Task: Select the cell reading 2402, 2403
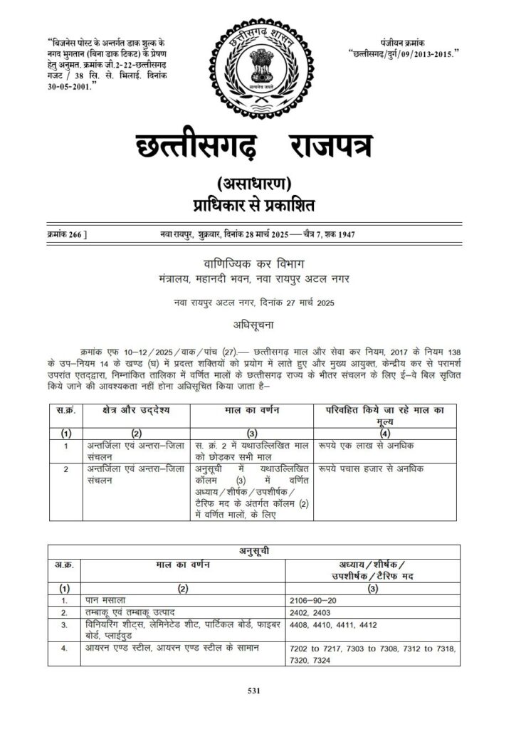point(314,612)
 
